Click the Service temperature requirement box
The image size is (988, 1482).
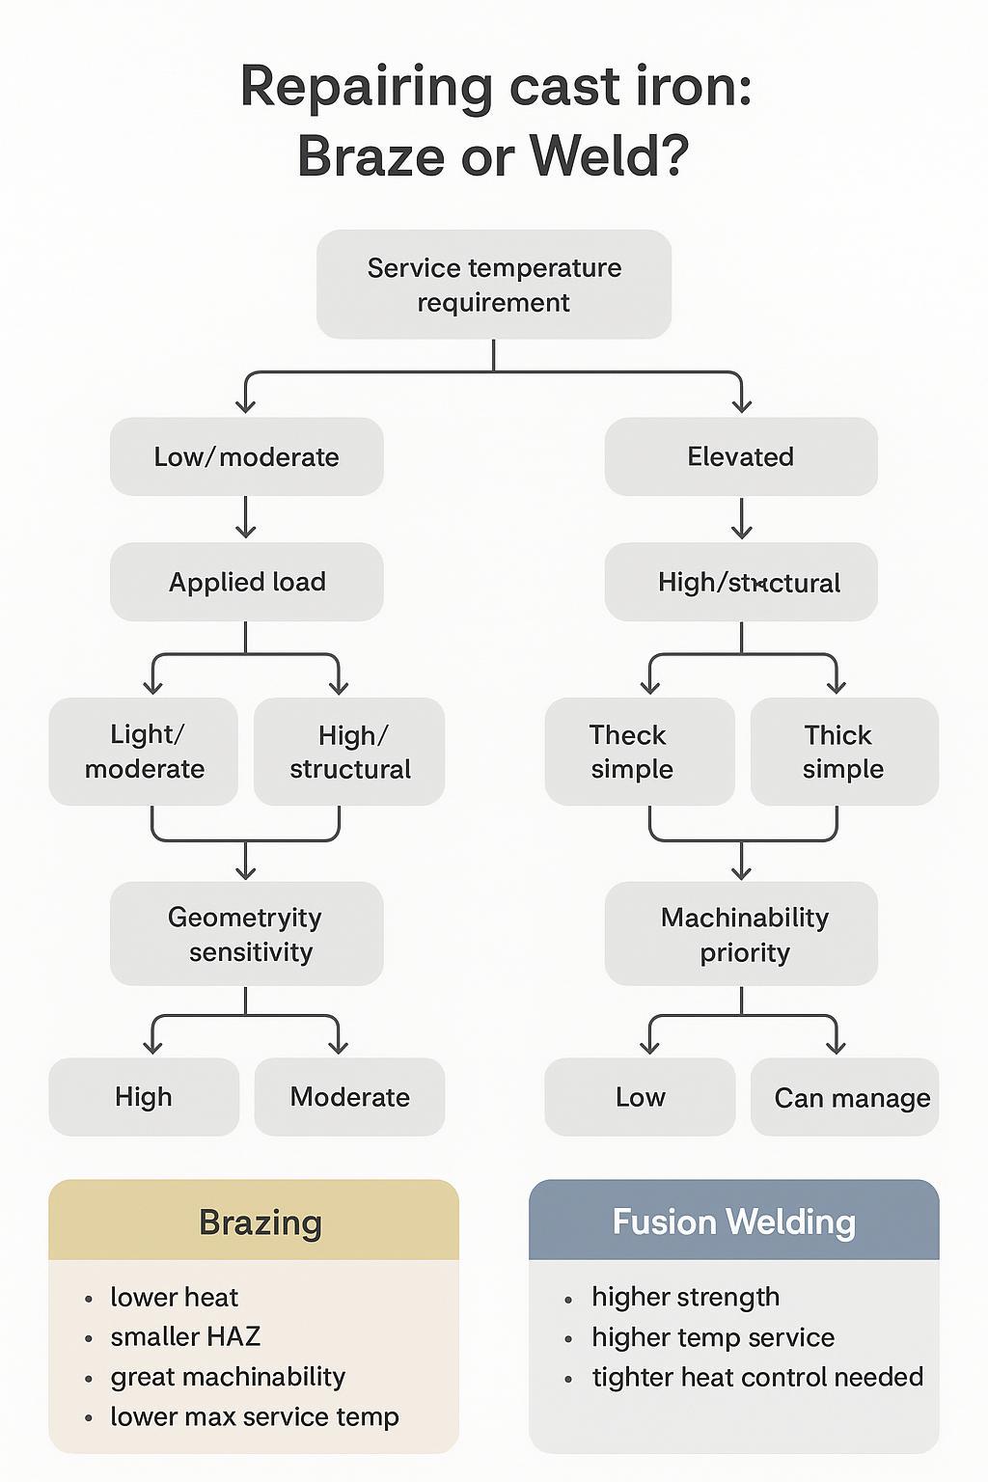pos(494,285)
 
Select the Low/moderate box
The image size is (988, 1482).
pos(247,456)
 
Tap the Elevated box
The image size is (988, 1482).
pos(741,456)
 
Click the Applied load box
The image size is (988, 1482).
pos(247,582)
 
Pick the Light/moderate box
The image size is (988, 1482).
pos(144,752)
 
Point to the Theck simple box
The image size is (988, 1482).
pos(639,752)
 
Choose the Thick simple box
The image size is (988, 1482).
pos(844,752)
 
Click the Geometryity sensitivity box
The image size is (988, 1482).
pos(247,934)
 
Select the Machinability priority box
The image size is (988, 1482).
pos(741,934)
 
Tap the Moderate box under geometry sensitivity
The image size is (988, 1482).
pos(349,1097)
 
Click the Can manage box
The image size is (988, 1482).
pos(844,1097)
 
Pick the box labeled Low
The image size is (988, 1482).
pos(640,1097)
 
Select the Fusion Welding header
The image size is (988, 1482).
pos(733,1221)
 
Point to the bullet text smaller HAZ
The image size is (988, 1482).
pos(185,1336)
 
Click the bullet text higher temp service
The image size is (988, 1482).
pos(713,1337)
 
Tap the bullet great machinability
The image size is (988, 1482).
pos(228,1377)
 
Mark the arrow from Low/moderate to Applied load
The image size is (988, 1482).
pos(246,519)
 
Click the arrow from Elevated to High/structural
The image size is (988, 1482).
pos(741,519)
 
